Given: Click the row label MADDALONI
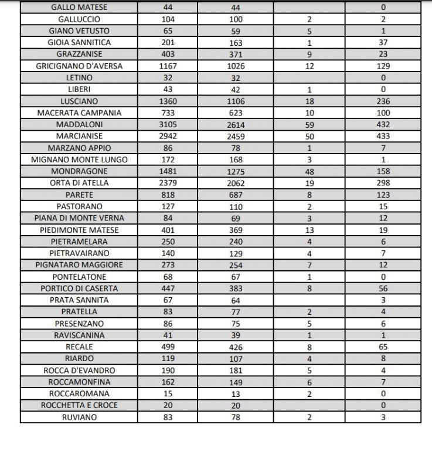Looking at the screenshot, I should pos(79,124).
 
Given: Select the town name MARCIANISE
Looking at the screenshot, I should pos(79,136).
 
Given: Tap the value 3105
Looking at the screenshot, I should pos(168,124).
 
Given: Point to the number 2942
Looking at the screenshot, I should pos(168,136).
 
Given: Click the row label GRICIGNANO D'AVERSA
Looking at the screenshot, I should pos(79,66).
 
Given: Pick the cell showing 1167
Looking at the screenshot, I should pos(168,66).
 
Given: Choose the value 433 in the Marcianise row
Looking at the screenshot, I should pos(383,136).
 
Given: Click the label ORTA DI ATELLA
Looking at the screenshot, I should pos(79,183).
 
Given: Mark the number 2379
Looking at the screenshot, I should pos(168,183).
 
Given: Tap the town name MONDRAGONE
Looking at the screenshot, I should pos(79,171).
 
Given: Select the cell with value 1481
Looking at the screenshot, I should pos(168,171).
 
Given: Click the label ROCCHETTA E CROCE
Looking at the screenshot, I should pos(79,405).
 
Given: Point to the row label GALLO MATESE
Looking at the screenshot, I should pos(79,8).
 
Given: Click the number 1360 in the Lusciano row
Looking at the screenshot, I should pos(168,101).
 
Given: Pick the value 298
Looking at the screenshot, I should pos(383,183).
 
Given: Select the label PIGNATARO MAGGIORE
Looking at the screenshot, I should pos(79,265).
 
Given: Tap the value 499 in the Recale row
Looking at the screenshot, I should pos(168,346).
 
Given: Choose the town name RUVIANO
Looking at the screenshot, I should pos(79,417).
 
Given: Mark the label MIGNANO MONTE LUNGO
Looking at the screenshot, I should pos(79,159).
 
